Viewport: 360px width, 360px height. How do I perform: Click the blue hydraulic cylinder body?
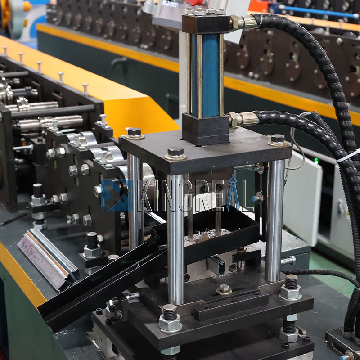coord(209,74)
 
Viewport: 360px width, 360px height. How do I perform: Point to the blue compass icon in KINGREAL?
coord(233,193)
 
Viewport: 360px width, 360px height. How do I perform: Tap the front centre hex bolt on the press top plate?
coord(175,153)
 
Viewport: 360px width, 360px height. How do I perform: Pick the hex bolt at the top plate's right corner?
coord(278,139)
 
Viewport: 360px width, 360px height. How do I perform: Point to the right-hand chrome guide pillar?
coord(275,216)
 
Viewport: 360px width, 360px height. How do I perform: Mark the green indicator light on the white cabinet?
coord(316,161)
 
